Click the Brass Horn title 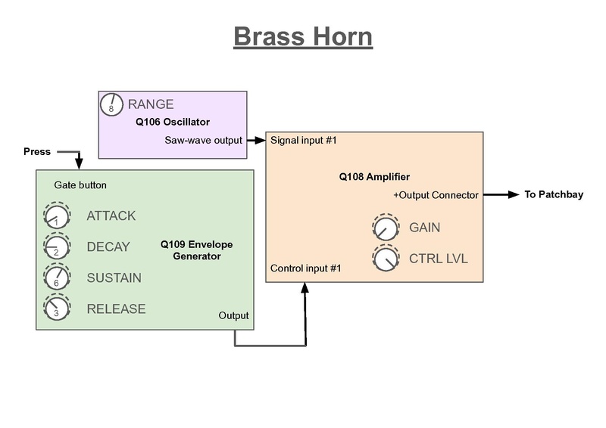pyautogui.click(x=302, y=36)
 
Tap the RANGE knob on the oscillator pyautogui.click(x=111, y=105)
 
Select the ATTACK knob pyautogui.click(x=56, y=217)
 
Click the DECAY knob pyautogui.click(x=56, y=248)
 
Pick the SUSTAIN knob pyautogui.click(x=56, y=278)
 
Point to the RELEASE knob pyautogui.click(x=56, y=309)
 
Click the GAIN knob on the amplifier pyautogui.click(x=385, y=228)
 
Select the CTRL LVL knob pyautogui.click(x=385, y=259)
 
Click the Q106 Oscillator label pyautogui.click(x=173, y=122)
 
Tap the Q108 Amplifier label pyautogui.click(x=374, y=177)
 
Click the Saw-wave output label pyautogui.click(x=203, y=140)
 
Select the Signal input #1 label pyautogui.click(x=303, y=140)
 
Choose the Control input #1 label pyautogui.click(x=305, y=268)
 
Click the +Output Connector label pyautogui.click(x=436, y=195)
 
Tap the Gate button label pyautogui.click(x=80, y=185)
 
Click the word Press pyautogui.click(x=37, y=152)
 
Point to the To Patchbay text pyautogui.click(x=554, y=195)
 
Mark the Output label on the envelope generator pyautogui.click(x=233, y=315)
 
